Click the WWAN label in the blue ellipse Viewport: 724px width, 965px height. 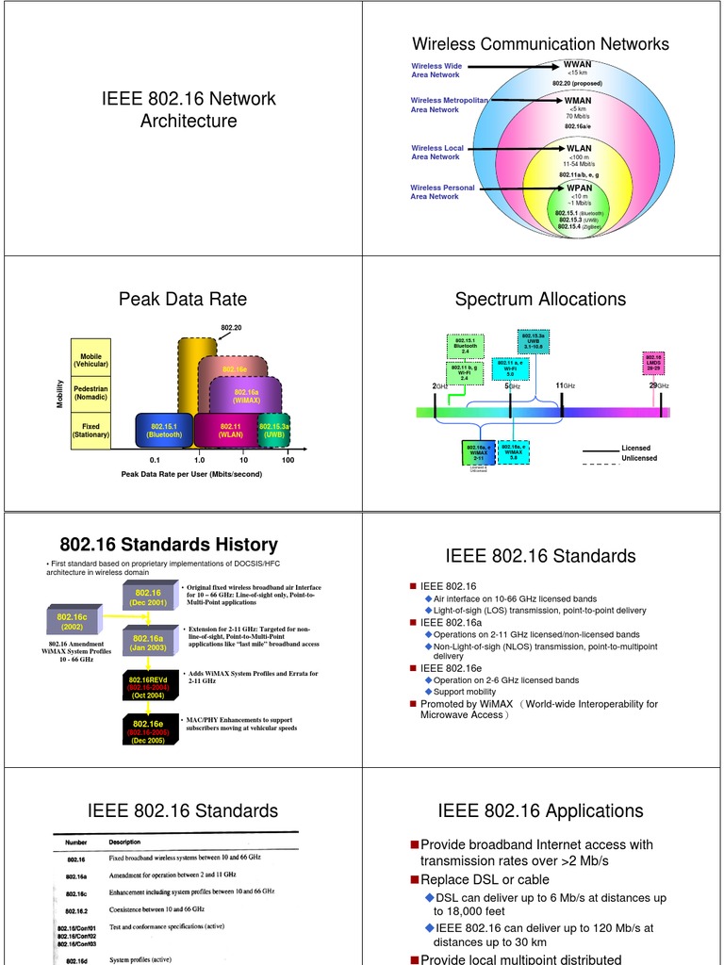(x=577, y=65)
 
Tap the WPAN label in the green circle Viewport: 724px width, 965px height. (x=579, y=188)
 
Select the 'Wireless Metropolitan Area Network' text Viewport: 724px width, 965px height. (x=449, y=105)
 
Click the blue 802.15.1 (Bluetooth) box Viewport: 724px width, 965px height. (x=164, y=431)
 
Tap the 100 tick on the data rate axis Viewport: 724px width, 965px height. (x=288, y=460)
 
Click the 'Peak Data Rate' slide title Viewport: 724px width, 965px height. (x=182, y=300)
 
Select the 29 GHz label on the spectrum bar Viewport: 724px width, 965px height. (x=658, y=386)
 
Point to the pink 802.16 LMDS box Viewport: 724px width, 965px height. (x=652, y=362)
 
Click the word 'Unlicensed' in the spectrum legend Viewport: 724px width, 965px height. (x=639, y=459)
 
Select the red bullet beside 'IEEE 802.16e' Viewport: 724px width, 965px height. (x=412, y=667)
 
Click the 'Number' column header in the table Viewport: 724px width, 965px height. (x=76, y=842)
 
